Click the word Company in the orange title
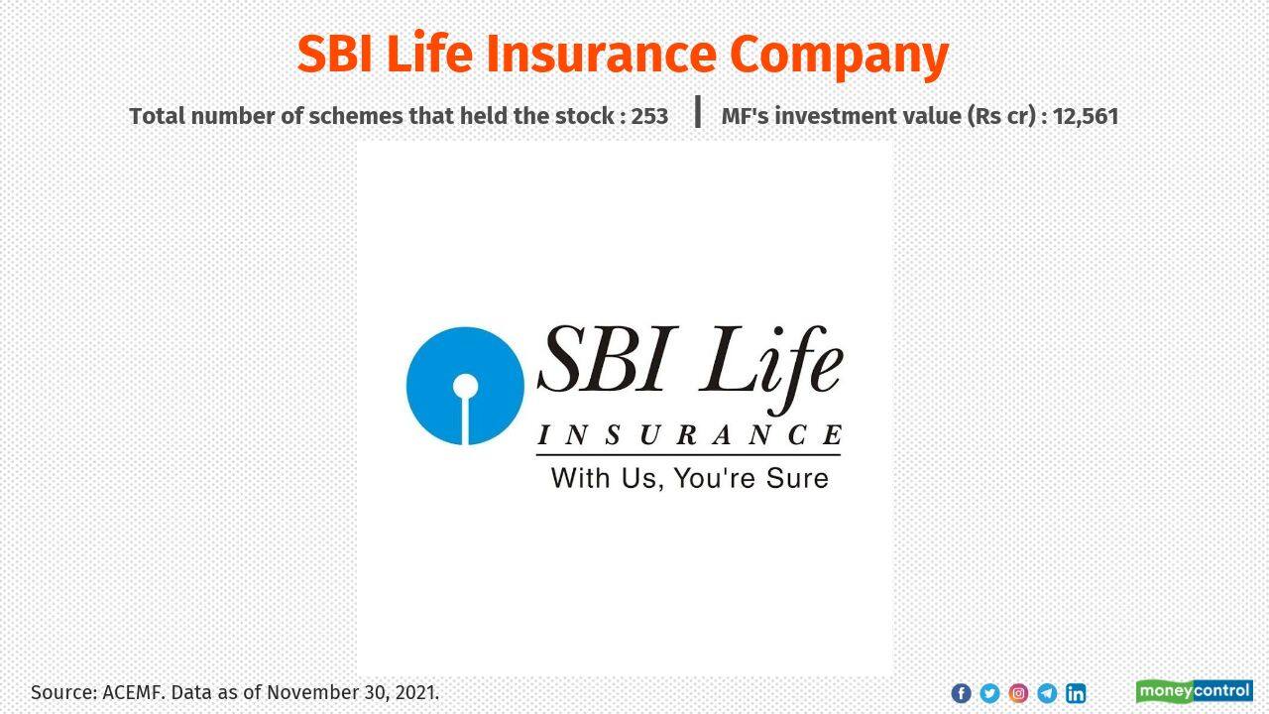click(839, 56)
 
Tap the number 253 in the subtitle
click(649, 116)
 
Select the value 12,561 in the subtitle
click(1086, 117)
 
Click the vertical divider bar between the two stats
click(698, 112)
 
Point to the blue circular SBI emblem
click(465, 386)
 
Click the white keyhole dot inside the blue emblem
click(465, 387)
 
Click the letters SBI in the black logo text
click(608, 359)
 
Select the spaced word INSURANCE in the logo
click(689, 434)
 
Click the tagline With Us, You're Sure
click(689, 478)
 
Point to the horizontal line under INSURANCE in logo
click(688, 454)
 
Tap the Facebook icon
click(961, 693)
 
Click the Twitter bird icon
click(989, 693)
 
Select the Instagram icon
click(1018, 693)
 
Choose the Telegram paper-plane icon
click(1047, 693)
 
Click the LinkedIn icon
click(1076, 693)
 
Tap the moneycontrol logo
click(1195, 691)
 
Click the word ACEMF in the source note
click(133, 692)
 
